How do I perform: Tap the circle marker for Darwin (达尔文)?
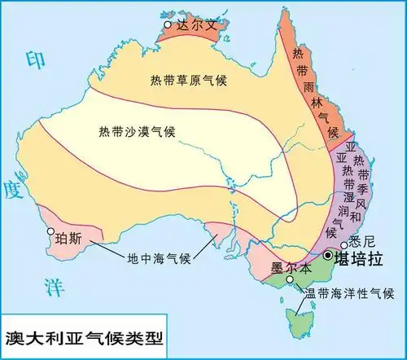[168, 25]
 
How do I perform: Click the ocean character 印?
[34, 59]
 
